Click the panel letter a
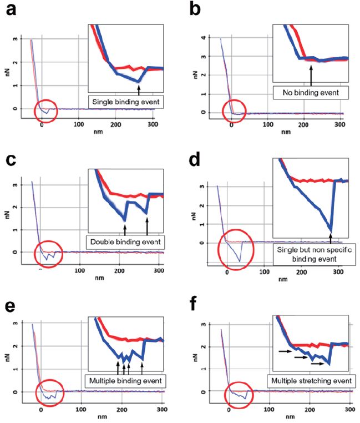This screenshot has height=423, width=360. [9, 11]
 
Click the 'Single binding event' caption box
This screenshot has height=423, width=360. [121, 101]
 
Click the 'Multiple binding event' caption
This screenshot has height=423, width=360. [125, 381]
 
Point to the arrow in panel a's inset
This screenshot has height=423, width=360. [139, 88]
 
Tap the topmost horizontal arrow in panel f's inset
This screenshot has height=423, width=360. [283, 351]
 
